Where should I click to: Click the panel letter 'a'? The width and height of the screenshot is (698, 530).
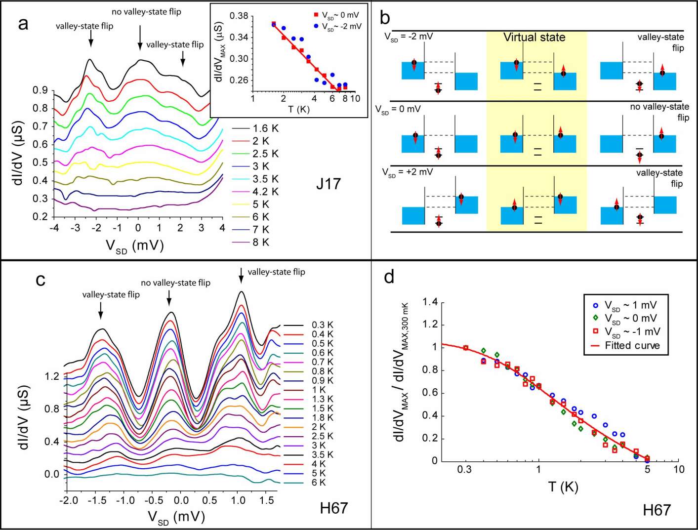pos(23,24)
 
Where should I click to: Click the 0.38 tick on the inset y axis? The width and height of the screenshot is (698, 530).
pos(239,16)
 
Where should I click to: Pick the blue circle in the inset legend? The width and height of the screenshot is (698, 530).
pos(316,26)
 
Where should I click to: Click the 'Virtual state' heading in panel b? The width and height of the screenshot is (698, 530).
pos(534,38)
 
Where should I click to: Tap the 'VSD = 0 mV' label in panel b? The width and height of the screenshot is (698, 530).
pos(398,109)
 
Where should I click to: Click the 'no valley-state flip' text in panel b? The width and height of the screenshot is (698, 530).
pos(659,112)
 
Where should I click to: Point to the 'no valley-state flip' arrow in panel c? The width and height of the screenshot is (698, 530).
pos(169,298)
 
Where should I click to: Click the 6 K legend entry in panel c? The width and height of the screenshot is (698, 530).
pos(319,483)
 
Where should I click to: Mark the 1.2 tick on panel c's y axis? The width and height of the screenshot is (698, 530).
pos(52,376)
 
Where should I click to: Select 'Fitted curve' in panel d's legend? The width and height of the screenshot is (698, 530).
pos(632,346)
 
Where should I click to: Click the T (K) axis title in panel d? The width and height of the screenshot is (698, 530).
pos(563,488)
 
